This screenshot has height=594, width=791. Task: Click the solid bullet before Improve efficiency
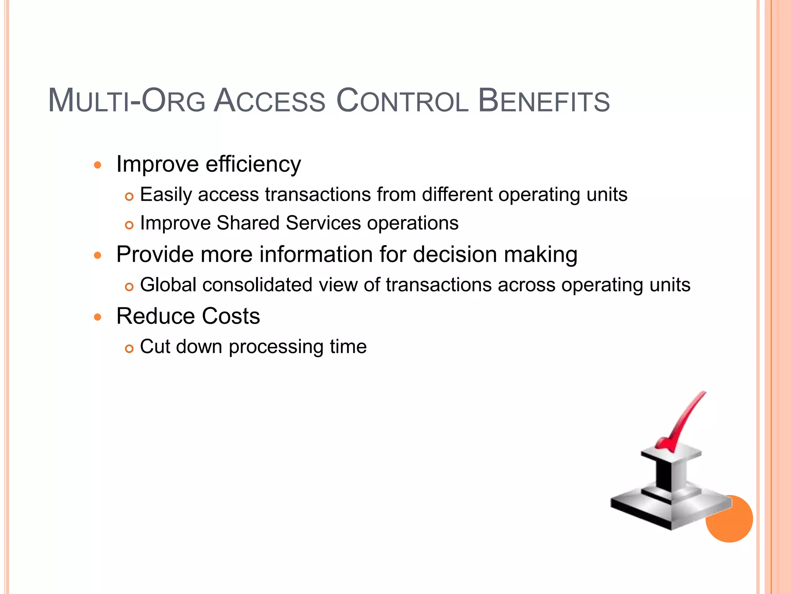[x=98, y=166]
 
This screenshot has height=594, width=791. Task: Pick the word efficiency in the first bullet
[x=253, y=164]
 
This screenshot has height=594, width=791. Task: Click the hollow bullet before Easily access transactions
[x=129, y=197]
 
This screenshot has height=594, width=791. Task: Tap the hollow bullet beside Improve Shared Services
[x=129, y=225]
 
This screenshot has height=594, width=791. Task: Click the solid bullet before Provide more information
[x=98, y=256]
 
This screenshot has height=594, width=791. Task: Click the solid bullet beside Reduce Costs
[x=98, y=317]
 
